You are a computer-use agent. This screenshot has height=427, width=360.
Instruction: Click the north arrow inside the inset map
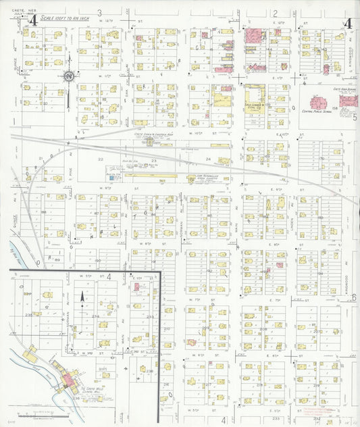pyautogui.click(x=82, y=296)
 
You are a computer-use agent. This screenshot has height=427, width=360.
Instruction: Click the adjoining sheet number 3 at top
pyautogui.click(x=99, y=13)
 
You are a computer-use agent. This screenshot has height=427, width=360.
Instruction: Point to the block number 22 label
pyautogui.click(x=99, y=159)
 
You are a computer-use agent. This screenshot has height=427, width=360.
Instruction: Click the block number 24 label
pyautogui.click(x=208, y=159)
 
